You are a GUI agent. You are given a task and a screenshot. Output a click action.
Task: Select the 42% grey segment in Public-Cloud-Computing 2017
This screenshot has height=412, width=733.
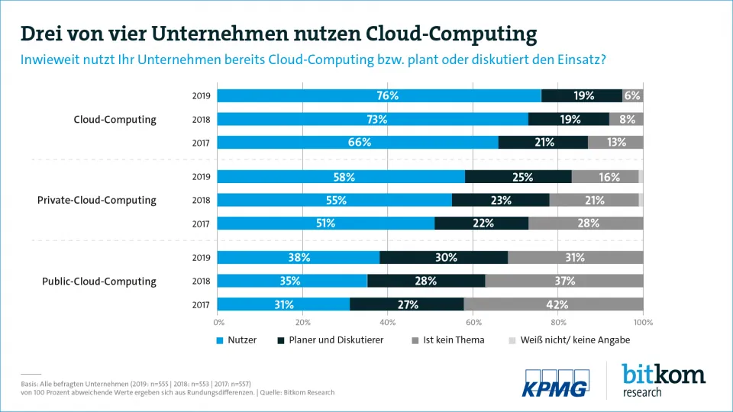(554, 304)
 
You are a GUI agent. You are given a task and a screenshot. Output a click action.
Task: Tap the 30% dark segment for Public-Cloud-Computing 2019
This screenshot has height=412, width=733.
(444, 257)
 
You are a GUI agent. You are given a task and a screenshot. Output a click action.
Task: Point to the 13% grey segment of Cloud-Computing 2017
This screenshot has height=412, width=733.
(615, 142)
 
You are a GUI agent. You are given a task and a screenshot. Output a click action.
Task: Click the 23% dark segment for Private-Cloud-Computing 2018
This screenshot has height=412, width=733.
(500, 200)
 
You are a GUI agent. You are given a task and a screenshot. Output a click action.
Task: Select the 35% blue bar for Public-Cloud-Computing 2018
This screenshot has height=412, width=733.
(292, 281)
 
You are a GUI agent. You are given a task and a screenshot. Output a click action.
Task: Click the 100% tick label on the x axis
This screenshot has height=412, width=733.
(643, 322)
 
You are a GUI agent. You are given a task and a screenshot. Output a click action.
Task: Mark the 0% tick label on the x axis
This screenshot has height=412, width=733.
(218, 322)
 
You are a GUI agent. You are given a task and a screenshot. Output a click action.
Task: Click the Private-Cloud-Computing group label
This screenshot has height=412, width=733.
(97, 200)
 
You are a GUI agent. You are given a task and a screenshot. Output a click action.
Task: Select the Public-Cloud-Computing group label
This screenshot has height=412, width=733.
(99, 281)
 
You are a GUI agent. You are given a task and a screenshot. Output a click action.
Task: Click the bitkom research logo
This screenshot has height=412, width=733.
(663, 380)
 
